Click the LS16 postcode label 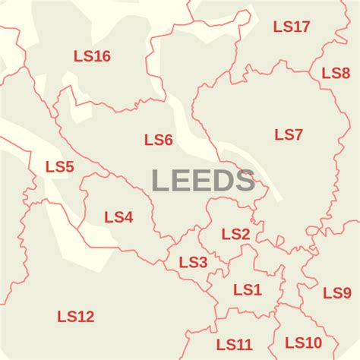(x=92, y=55)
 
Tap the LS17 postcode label (x=292, y=27)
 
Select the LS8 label (x=336, y=73)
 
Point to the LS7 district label (x=289, y=135)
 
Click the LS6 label (x=159, y=140)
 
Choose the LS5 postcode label (x=59, y=166)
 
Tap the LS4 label (x=118, y=217)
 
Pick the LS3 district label (x=193, y=262)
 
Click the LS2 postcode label (x=235, y=234)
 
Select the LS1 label (x=247, y=289)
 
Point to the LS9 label (x=336, y=293)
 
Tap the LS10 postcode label (x=303, y=343)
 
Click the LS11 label (x=234, y=345)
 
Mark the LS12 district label (x=76, y=317)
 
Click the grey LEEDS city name (x=203, y=181)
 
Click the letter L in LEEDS (x=159, y=181)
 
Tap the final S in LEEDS (x=245, y=181)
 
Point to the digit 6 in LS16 (x=106, y=55)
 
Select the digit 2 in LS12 (x=90, y=317)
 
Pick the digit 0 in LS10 (x=316, y=343)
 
